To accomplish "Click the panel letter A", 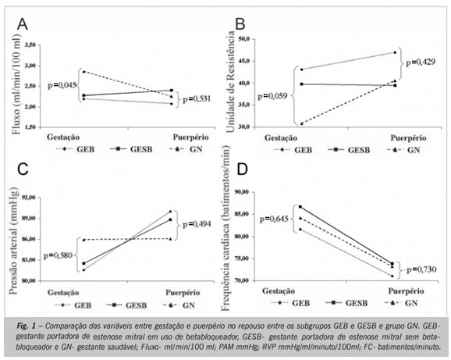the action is click(23, 24).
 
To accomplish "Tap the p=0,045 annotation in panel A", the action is click(62, 85).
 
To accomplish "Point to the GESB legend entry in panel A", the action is click(131, 149).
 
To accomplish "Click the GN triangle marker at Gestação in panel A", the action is click(83, 71).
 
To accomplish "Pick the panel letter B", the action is click(240, 24).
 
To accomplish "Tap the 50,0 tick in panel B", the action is click(246, 39).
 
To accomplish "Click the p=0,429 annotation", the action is click(421, 62).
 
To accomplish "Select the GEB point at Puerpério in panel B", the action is click(395, 52).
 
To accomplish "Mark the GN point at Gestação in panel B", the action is click(301, 123).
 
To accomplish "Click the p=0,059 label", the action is click(272, 96).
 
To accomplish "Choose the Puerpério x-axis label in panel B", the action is click(408, 138).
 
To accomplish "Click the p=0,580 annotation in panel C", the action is click(58, 255).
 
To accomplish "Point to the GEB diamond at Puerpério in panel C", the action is click(171, 212).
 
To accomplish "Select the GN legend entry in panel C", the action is click(179, 305).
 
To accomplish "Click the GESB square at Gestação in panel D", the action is click(300, 207).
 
